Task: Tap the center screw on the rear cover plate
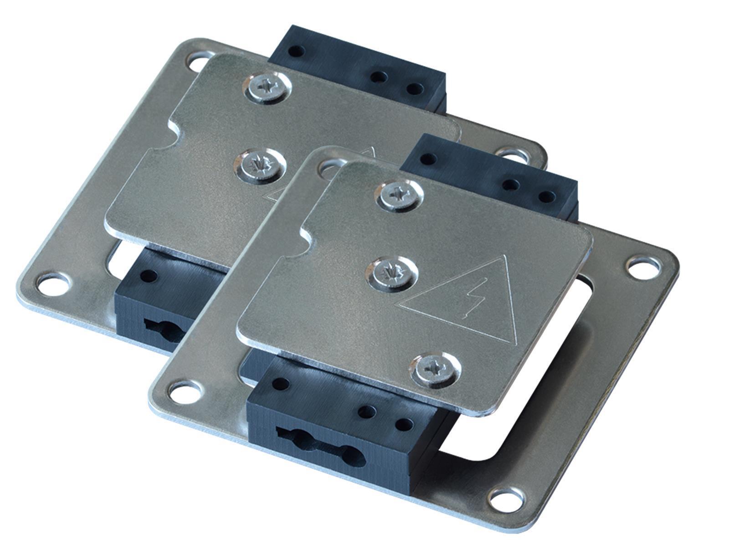coord(259,165)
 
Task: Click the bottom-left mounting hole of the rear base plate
coord(54,285)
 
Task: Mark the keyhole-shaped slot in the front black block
coord(319,441)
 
